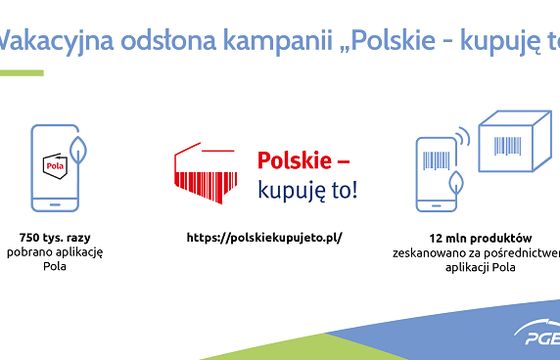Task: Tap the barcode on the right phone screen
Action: coord(437,161)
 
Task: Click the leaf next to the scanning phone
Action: coord(459,184)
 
